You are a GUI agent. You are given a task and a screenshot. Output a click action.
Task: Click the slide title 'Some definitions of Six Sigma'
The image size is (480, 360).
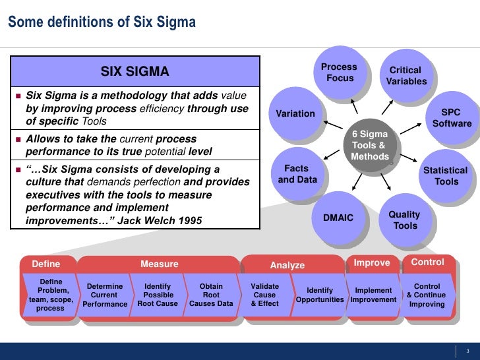click(x=102, y=22)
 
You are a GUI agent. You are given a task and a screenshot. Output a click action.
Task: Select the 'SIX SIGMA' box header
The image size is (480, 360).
click(x=135, y=71)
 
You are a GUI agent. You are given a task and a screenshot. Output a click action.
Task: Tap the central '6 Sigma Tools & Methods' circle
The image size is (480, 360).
click(x=370, y=145)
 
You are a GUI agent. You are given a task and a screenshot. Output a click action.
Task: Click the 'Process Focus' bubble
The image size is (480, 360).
click(x=339, y=73)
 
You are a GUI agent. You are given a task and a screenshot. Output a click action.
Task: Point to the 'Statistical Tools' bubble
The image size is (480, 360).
click(x=446, y=175)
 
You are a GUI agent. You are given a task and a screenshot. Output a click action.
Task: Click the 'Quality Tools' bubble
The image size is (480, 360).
click(x=404, y=220)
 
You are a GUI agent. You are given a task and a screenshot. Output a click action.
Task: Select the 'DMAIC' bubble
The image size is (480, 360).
click(x=338, y=218)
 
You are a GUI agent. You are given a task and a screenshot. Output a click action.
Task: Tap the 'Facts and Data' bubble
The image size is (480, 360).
click(x=297, y=174)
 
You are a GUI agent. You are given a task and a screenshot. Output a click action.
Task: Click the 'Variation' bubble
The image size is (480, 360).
click(x=295, y=113)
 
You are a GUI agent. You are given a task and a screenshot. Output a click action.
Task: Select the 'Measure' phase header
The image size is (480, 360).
click(x=160, y=264)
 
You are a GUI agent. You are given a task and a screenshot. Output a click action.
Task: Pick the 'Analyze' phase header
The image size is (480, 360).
click(x=287, y=265)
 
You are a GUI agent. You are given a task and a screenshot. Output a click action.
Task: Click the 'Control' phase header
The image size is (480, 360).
click(x=427, y=262)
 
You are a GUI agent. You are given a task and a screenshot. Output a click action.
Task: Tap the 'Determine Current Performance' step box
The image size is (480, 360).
click(x=105, y=295)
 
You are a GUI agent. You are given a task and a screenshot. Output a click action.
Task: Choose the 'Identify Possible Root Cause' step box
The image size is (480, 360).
click(x=158, y=295)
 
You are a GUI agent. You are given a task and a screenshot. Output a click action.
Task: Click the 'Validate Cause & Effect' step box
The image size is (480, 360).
click(x=265, y=295)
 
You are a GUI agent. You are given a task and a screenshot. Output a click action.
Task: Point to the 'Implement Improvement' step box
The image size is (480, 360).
click(x=373, y=295)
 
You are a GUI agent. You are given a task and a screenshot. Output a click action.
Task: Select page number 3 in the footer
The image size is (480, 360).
click(x=467, y=350)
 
